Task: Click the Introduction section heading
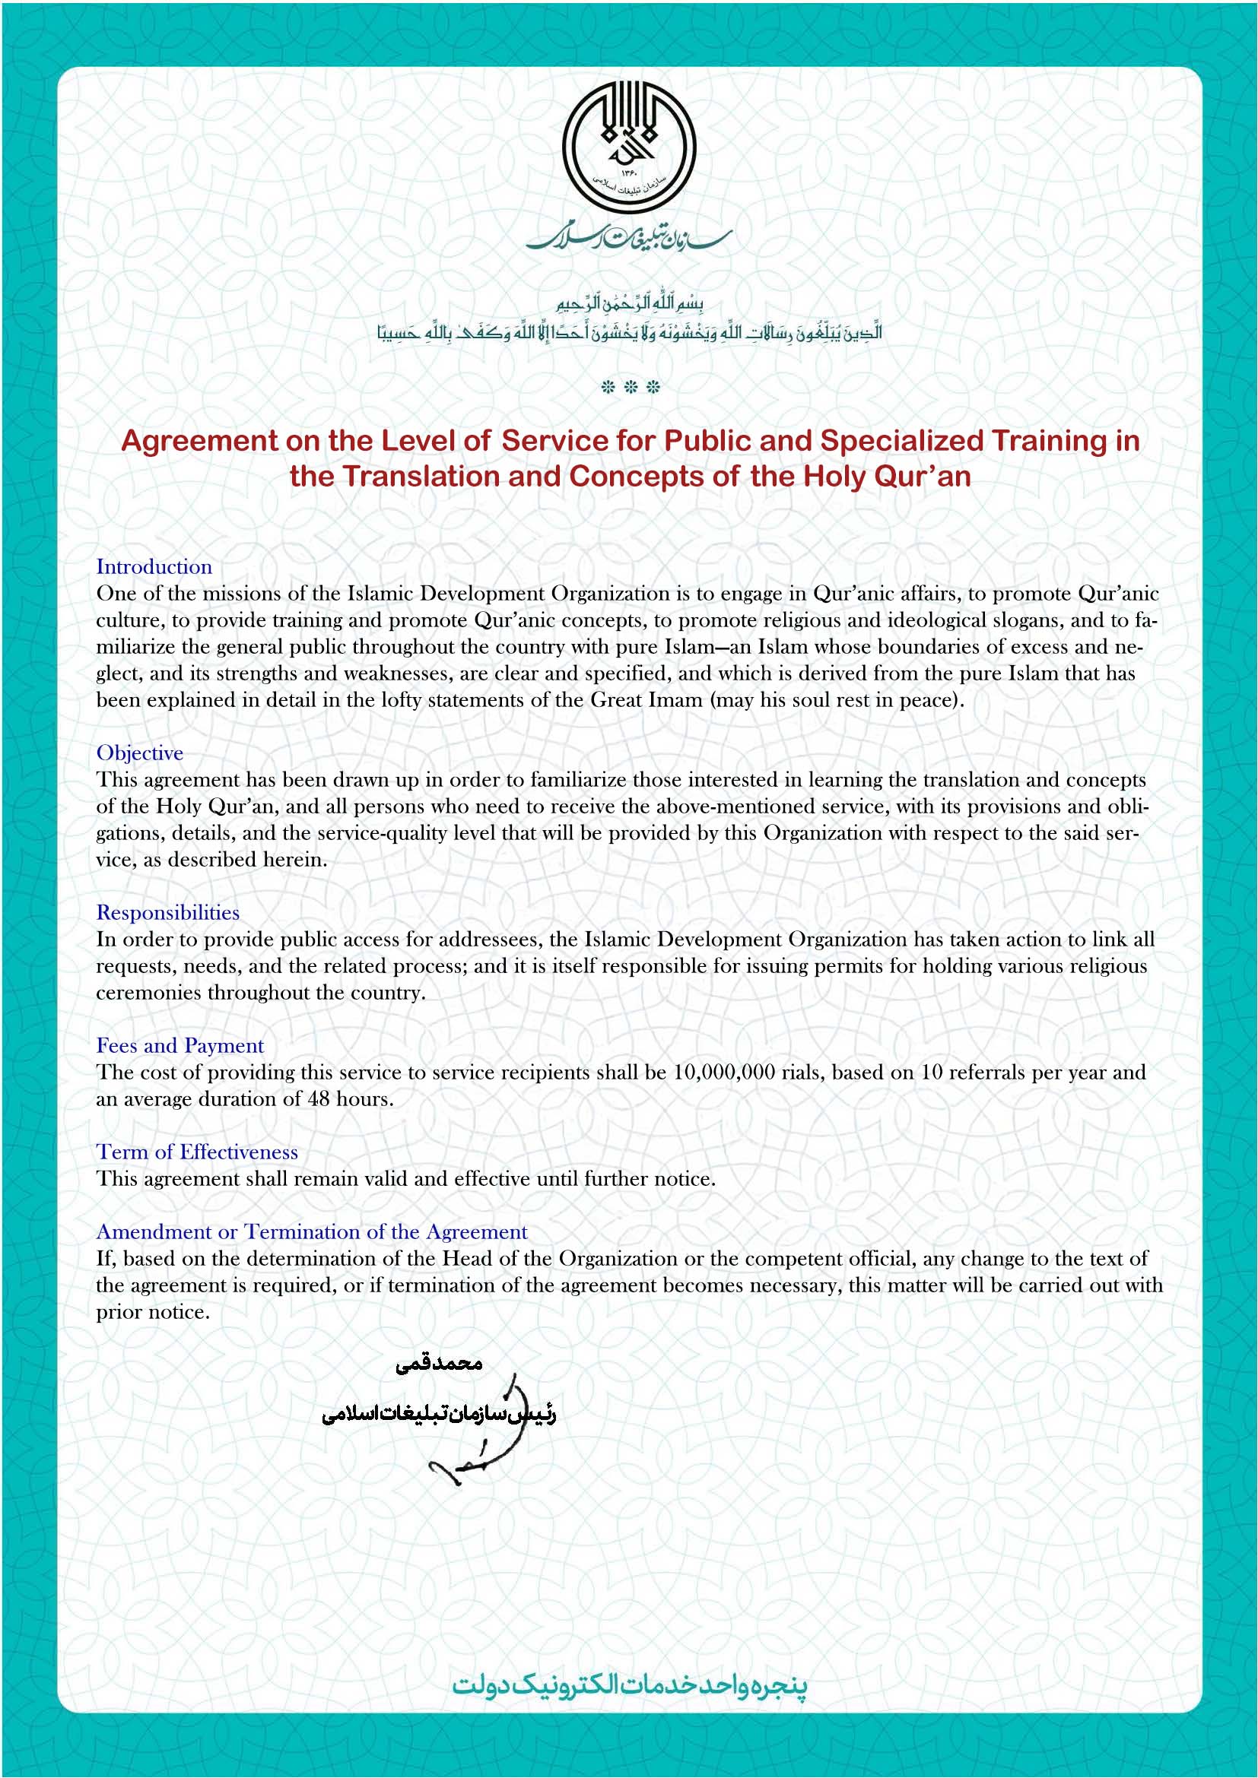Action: click(154, 567)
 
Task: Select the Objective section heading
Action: click(139, 753)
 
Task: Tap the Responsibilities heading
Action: click(167, 912)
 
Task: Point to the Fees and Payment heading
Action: click(179, 1045)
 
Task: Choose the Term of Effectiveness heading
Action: click(197, 1152)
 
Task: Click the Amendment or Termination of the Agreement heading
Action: click(311, 1231)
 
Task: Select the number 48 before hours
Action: click(319, 1099)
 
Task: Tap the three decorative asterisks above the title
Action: click(630, 387)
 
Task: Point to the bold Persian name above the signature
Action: click(438, 1364)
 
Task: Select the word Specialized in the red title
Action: click(903, 441)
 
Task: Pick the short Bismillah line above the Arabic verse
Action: click(629, 303)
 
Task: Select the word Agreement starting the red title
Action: click(199, 441)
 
